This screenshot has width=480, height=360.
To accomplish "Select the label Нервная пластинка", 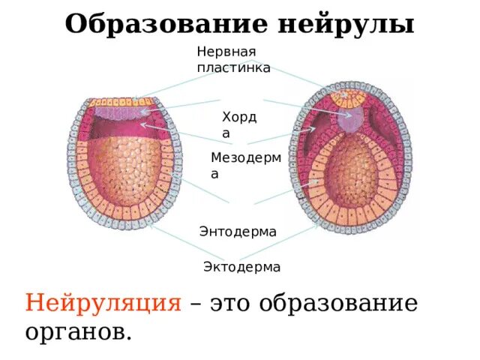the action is click(233, 59).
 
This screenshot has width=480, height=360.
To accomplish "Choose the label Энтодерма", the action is click(238, 232).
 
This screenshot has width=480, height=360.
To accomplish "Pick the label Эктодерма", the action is click(242, 267).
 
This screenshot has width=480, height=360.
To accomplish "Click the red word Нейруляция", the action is click(103, 304).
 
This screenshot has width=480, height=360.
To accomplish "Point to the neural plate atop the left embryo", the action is click(121, 101).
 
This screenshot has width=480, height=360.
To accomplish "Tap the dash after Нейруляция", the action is click(196, 305).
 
